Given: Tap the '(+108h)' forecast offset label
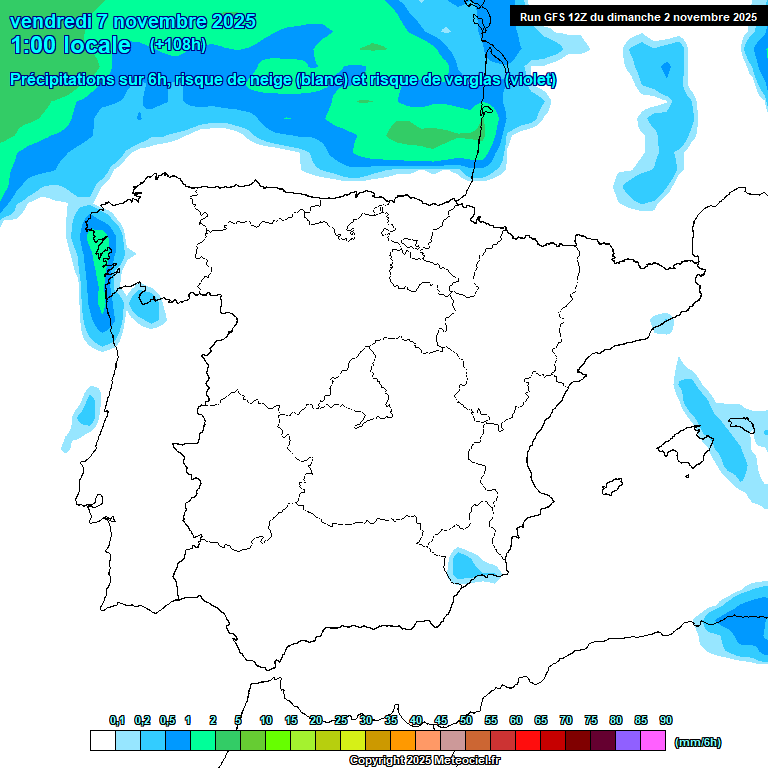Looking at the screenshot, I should [x=177, y=45].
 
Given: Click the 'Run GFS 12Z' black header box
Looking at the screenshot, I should [x=638, y=17].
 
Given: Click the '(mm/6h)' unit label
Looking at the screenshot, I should [x=697, y=742].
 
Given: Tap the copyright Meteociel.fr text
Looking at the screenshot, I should [x=423, y=761].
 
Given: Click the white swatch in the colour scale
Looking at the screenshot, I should [x=102, y=741].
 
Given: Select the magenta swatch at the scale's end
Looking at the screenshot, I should [x=653, y=741].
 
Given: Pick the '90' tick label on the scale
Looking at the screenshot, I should [x=666, y=720].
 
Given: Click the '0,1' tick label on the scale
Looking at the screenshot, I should [x=117, y=720].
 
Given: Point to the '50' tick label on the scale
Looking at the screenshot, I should [x=466, y=720].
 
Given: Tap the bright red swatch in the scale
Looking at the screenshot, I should [x=528, y=741].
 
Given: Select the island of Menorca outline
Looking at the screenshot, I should [x=741, y=424].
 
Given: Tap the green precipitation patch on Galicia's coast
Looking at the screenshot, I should [x=100, y=255].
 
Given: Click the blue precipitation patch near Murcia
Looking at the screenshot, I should [x=468, y=564].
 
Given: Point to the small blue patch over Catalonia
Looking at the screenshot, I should [x=662, y=322].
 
